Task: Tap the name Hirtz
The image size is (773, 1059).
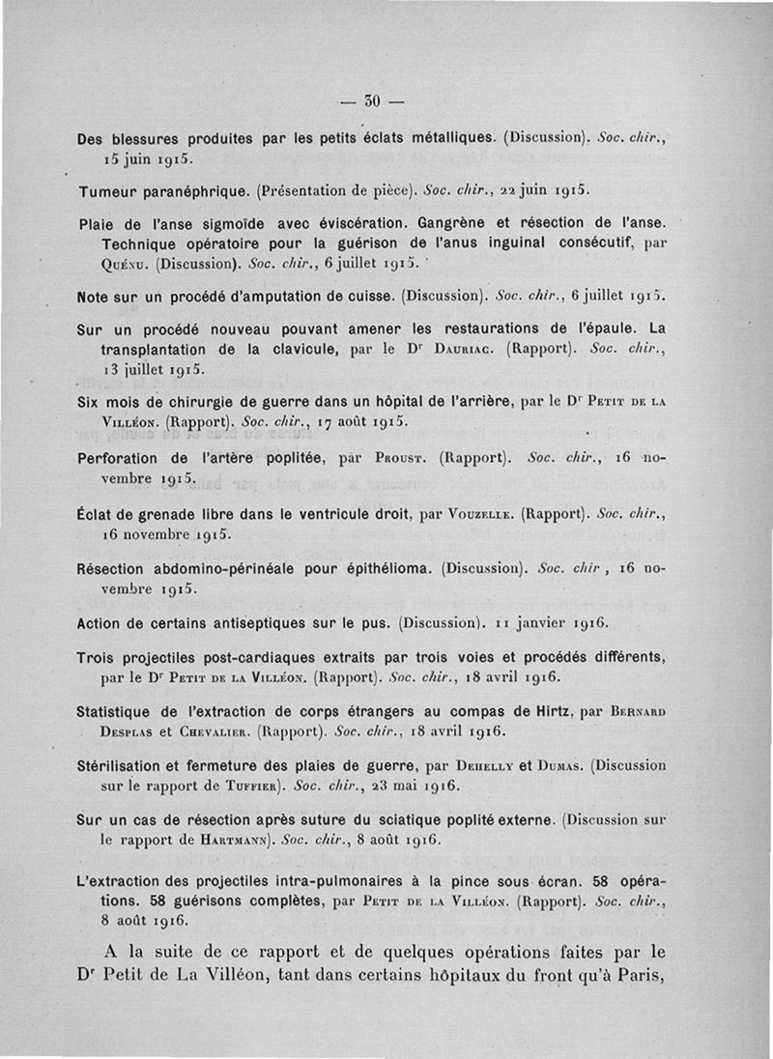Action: coord(542,712)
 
